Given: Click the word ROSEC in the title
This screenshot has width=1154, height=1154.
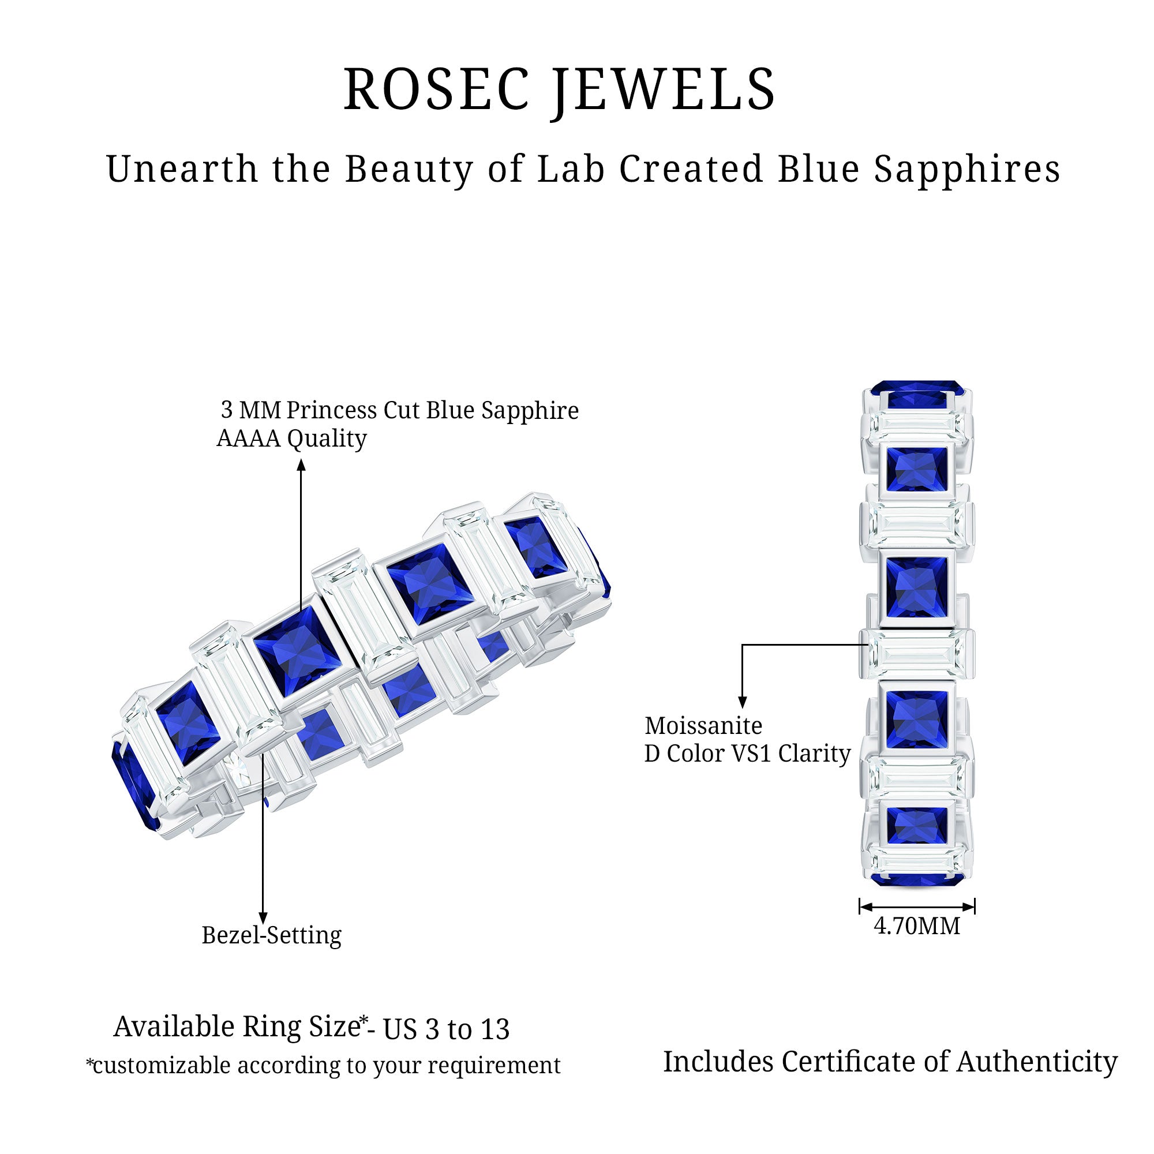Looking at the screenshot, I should (x=437, y=89).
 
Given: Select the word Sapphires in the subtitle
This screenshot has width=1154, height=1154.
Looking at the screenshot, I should (x=967, y=170).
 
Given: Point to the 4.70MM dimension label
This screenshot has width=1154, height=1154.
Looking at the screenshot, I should (x=917, y=926).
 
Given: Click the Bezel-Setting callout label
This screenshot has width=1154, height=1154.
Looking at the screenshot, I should (x=271, y=935).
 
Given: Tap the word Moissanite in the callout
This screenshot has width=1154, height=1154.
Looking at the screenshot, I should (x=703, y=726).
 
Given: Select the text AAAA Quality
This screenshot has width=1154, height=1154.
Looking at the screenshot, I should (x=291, y=439).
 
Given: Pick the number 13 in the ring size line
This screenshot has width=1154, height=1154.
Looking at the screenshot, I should (x=494, y=1030).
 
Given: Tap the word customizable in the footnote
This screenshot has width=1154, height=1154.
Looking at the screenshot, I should (x=162, y=1066).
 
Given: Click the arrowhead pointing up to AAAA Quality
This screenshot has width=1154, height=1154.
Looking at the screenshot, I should (x=301, y=464).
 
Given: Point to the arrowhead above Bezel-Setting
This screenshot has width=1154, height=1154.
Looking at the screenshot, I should (x=263, y=917).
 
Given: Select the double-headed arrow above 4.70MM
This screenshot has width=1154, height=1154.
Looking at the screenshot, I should (x=917, y=906).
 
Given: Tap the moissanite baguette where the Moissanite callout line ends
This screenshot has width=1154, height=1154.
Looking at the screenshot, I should (x=916, y=654).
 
